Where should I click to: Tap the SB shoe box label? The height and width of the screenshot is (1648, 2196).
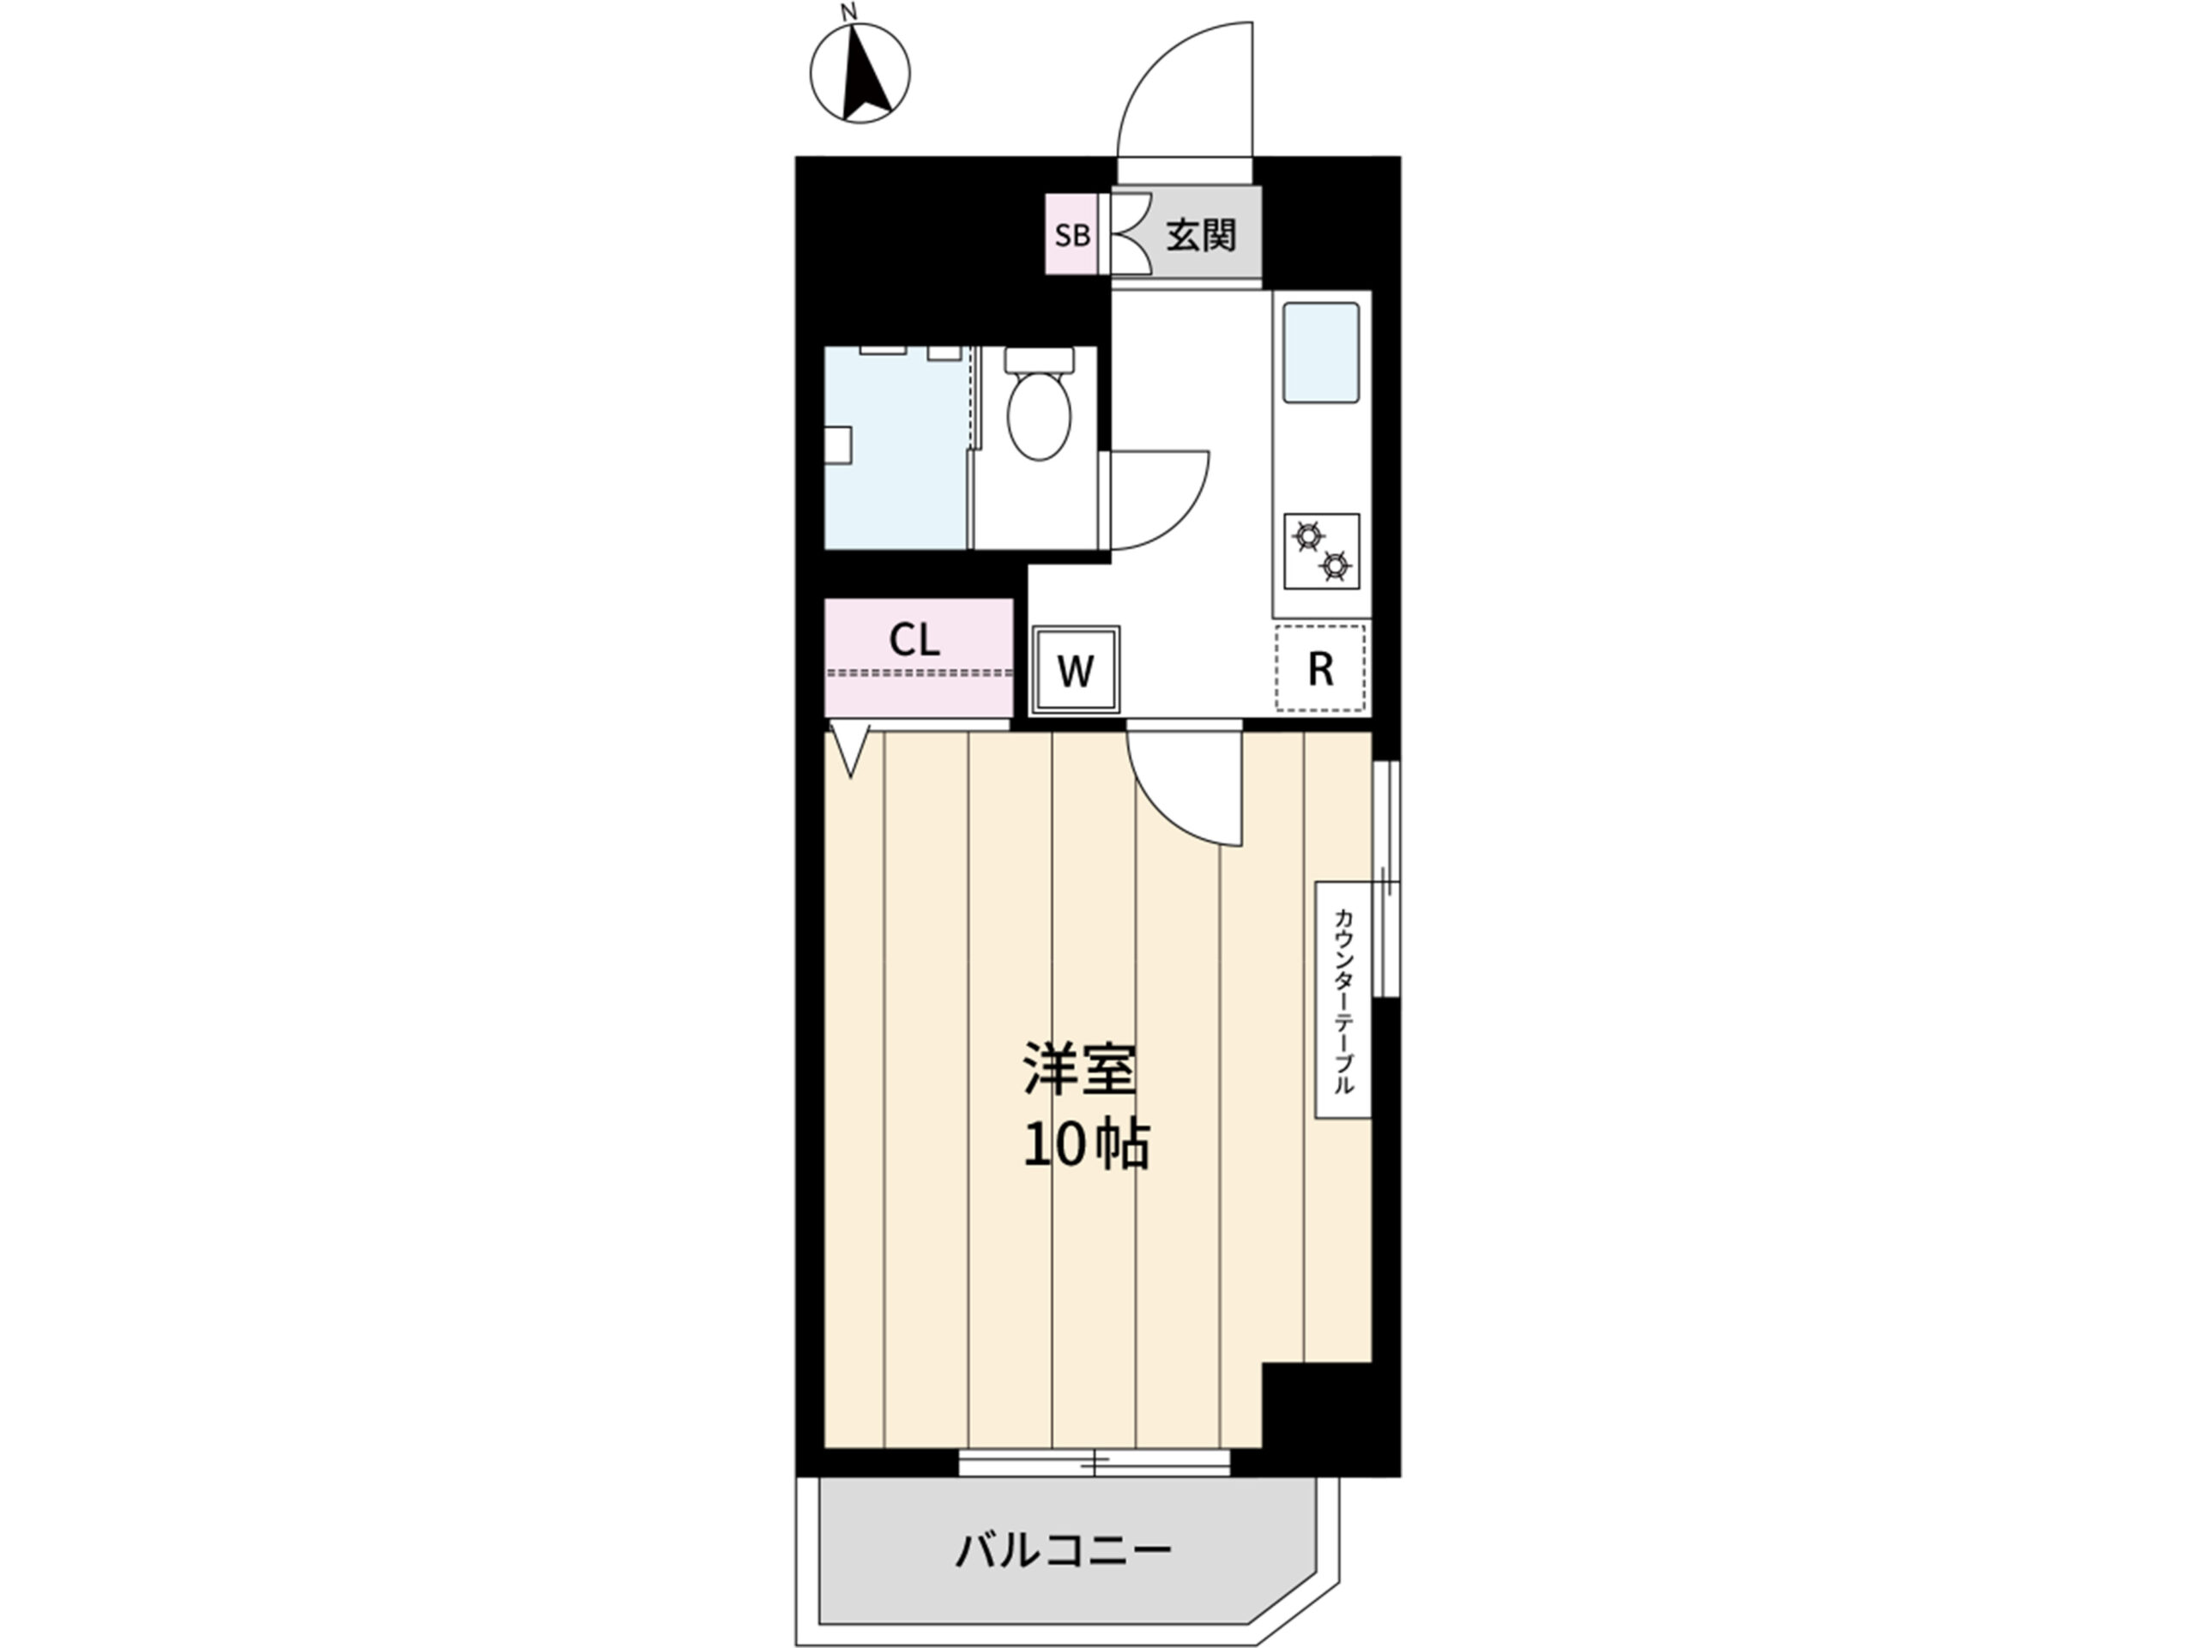click(1072, 236)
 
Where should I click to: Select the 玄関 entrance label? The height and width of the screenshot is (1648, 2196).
click(1200, 235)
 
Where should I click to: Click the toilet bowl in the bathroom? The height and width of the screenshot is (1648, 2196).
click(1039, 406)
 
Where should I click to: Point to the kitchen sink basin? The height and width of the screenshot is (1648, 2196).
click(1320, 353)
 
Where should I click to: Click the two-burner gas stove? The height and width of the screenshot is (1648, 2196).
click(1321, 552)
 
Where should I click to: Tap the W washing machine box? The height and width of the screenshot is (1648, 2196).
click(1077, 670)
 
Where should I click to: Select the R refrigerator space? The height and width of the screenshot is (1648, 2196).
click(1320, 668)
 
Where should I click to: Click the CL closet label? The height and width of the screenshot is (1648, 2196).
click(914, 640)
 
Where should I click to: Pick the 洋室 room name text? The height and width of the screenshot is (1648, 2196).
click(1080, 1069)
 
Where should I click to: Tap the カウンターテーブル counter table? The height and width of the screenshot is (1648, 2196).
click(1343, 1000)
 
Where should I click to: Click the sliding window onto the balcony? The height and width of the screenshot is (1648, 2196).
click(1094, 1463)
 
